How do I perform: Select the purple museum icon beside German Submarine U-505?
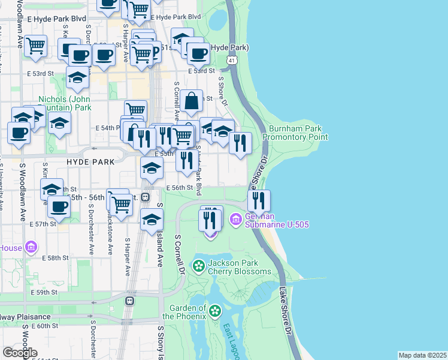235,220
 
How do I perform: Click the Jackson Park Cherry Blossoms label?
241,267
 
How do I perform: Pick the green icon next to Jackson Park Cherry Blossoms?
198,265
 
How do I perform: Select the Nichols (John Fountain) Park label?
65,103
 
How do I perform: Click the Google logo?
20,353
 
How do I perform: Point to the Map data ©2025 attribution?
422,355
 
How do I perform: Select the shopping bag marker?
192,103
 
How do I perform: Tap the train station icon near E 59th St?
129,300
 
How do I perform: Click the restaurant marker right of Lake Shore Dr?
259,200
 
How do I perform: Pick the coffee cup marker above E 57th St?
59,206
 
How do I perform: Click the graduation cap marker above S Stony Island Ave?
152,220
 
